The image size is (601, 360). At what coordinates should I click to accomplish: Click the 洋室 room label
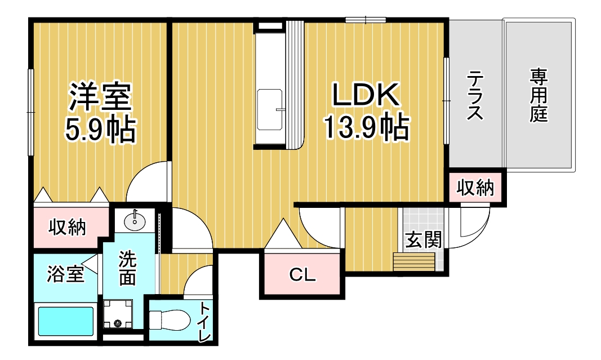point(100,96)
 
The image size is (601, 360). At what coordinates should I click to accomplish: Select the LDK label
point(366,95)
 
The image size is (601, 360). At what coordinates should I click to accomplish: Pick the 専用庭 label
point(538,95)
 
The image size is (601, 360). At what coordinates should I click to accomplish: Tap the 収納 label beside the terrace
point(475,188)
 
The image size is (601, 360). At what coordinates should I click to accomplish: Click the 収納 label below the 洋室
point(67,228)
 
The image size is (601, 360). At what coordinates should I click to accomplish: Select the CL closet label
point(302,274)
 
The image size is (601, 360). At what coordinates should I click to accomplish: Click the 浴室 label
point(65,274)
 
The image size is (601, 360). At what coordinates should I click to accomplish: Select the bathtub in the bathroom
point(66,321)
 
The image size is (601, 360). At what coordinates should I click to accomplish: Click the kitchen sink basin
point(270,110)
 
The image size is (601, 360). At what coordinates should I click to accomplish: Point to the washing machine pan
point(118,314)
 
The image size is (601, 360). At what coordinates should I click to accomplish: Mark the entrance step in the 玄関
point(415,262)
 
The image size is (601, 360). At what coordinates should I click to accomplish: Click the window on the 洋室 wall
point(30,112)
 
